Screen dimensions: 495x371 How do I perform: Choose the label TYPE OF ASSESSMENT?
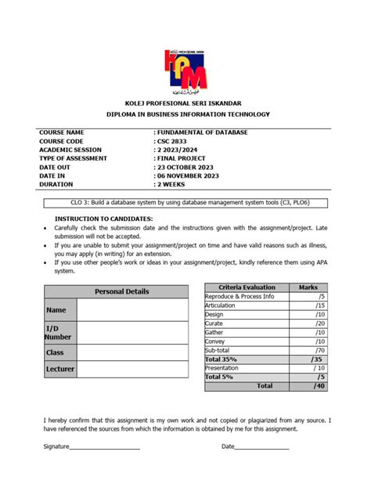pos(73,158)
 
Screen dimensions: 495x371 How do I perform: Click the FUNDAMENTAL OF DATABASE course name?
pos(202,132)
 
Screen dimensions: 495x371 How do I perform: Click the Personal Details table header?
pos(121,291)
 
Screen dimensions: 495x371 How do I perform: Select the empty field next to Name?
pos(132,310)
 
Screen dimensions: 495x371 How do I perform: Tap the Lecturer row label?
pos(59,368)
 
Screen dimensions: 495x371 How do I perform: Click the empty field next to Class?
pos(132,352)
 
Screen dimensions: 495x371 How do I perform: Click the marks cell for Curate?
pos(308,323)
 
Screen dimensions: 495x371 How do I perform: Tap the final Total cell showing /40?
pos(308,385)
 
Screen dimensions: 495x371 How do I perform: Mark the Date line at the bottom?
pos(261,446)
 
